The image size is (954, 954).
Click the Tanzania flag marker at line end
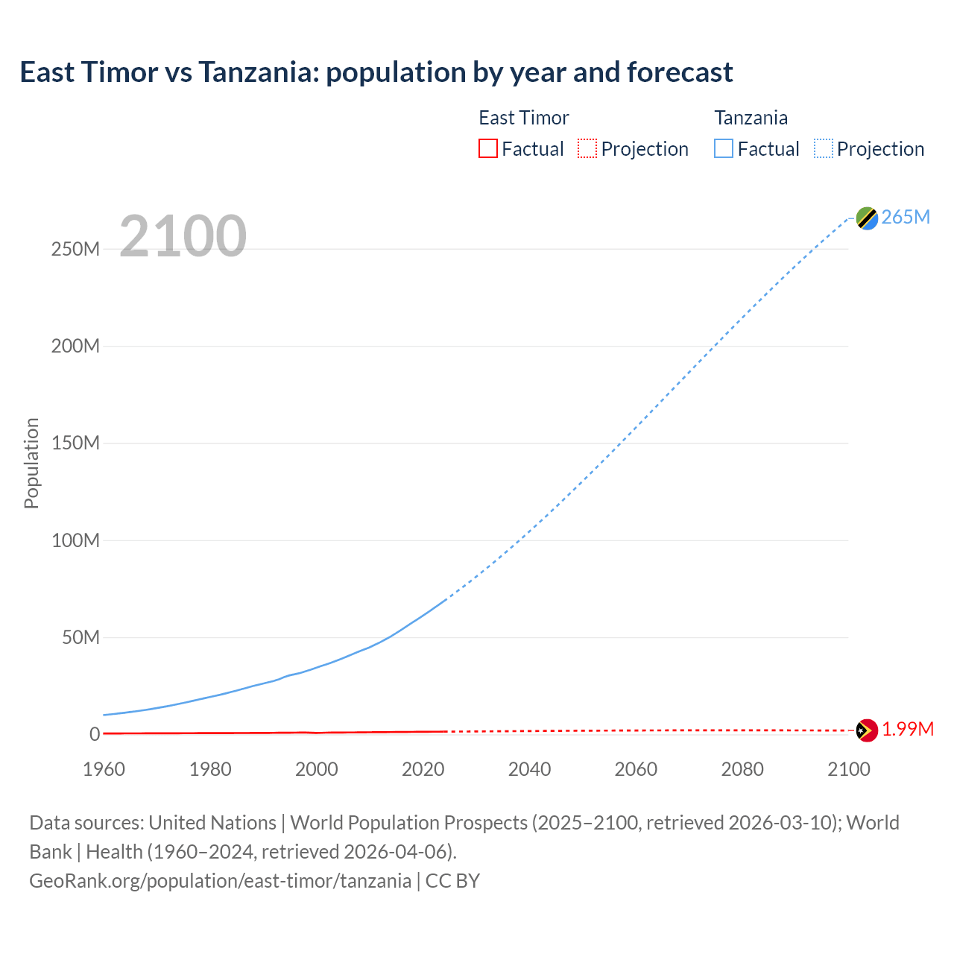coord(867,218)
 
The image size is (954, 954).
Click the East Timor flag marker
coord(867,730)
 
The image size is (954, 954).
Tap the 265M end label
coord(906,217)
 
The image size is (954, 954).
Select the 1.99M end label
coord(908,730)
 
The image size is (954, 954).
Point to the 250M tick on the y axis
coord(75,249)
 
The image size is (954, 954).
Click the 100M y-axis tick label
coord(75,540)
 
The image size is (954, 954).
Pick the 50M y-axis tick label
coord(80,637)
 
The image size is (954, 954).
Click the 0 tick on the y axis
coord(94,735)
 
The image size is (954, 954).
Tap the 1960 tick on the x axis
coord(104,769)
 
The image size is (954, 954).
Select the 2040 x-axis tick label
coord(529,769)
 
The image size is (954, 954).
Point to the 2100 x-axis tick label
coord(848,769)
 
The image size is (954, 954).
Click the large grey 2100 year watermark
coord(183,236)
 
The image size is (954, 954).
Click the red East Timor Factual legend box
coord(488,148)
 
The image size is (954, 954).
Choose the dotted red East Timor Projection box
coord(587,148)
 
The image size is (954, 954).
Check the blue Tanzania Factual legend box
coord(724,148)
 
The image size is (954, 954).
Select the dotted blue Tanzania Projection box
coord(824,148)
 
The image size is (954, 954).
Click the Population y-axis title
coord(31,463)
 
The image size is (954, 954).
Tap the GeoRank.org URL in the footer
coord(220,881)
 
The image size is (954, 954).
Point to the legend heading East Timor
coord(523,118)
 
